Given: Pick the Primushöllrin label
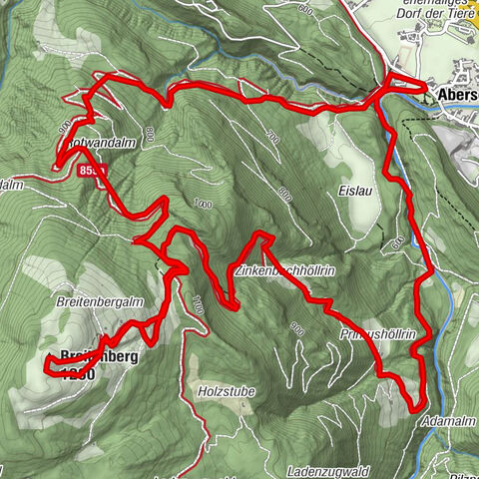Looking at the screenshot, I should (x=377, y=332).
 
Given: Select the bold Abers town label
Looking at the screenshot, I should (x=457, y=96).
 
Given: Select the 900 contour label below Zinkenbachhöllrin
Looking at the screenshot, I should (x=296, y=326).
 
